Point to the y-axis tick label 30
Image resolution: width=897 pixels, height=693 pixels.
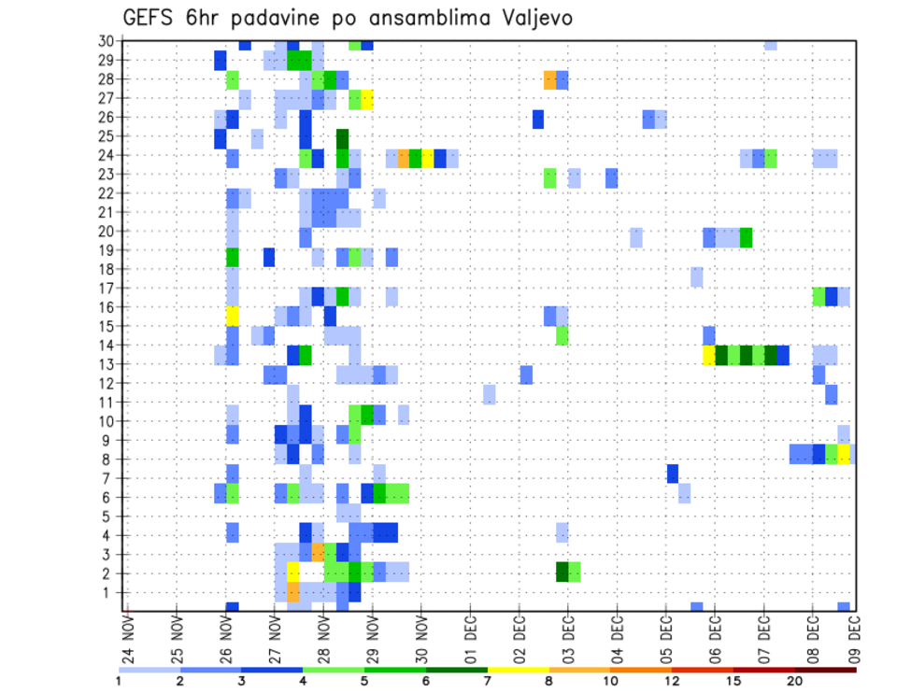pyautogui.click(x=106, y=41)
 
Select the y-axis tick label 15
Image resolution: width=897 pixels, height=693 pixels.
pyautogui.click(x=106, y=326)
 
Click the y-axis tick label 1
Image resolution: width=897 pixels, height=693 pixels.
pyautogui.click(x=109, y=592)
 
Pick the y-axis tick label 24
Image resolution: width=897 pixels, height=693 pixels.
pyautogui.click(x=106, y=155)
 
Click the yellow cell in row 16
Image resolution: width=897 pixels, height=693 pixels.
pyautogui.click(x=233, y=314)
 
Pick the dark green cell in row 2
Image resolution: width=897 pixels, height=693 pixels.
pyautogui.click(x=562, y=572)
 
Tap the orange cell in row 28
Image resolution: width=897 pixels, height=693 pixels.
pyautogui.click(x=549, y=79)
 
